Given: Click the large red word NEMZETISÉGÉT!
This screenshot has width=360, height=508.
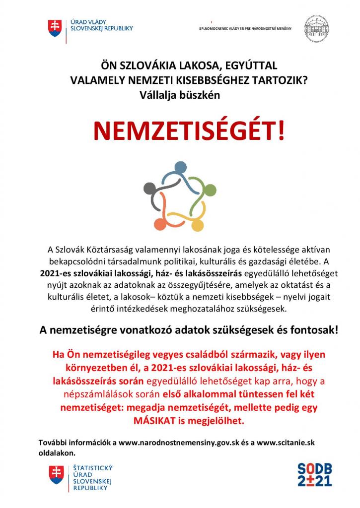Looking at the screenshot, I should tap(189, 130).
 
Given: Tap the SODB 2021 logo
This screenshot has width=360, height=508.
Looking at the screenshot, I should tap(314, 474).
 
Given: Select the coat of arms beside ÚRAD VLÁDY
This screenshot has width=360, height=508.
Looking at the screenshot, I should tap(54, 28).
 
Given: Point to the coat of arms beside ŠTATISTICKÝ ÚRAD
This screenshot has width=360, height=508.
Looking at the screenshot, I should tap(56, 475).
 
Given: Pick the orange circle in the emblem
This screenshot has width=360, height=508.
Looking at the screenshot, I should tap(160, 224).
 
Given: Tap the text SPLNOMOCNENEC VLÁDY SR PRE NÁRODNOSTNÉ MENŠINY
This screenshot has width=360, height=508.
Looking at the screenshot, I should tap(245, 28).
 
